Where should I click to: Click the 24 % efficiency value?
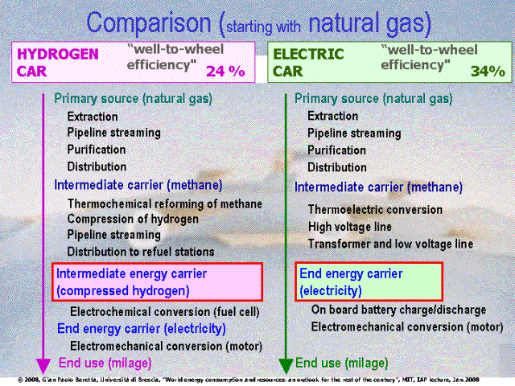tap(225, 72)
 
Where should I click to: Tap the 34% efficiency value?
tap(488, 72)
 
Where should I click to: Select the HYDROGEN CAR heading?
tap(58, 63)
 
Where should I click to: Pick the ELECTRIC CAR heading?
tap(308, 63)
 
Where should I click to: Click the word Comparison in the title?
tap(148, 23)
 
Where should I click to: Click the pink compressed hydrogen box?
tap(158, 282)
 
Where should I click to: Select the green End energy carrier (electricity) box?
tap(369, 281)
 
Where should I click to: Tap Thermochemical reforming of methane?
tap(165, 203)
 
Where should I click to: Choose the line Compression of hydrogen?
tap(133, 220)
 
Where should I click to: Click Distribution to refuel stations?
tap(141, 252)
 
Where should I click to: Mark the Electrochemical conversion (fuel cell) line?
tap(165, 312)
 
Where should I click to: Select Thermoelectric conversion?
tap(375, 210)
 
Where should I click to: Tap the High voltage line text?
tap(350, 227)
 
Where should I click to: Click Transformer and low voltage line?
tap(390, 244)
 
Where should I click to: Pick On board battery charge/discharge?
tap(399, 310)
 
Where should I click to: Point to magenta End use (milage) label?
tap(105, 363)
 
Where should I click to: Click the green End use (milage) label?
tap(341, 363)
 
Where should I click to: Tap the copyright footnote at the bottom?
tap(249, 380)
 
